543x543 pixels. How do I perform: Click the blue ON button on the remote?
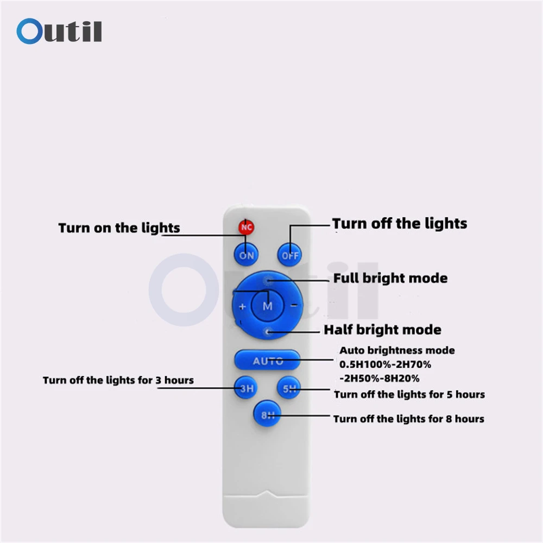pyautogui.click(x=246, y=254)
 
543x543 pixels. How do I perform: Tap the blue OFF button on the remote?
pyautogui.click(x=290, y=254)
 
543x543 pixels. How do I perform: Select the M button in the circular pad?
pyautogui.click(x=268, y=306)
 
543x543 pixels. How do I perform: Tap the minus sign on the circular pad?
pyautogui.click(x=294, y=305)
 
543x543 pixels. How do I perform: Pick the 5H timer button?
pyautogui.click(x=288, y=388)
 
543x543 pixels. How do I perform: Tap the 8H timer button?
pyautogui.click(x=267, y=416)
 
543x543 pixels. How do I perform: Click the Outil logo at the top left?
pyautogui.click(x=59, y=31)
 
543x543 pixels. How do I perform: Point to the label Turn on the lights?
pyautogui.click(x=119, y=228)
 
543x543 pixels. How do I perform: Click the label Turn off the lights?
pyautogui.click(x=400, y=223)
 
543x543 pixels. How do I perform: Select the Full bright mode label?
pyautogui.click(x=390, y=279)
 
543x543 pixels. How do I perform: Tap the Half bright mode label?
pyautogui.click(x=382, y=330)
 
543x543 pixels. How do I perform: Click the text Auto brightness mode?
pyautogui.click(x=397, y=351)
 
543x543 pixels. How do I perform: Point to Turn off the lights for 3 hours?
pyautogui.click(x=118, y=380)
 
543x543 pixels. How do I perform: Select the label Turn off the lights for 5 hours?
pyautogui.click(x=409, y=394)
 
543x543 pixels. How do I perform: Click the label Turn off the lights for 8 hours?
pyautogui.click(x=408, y=419)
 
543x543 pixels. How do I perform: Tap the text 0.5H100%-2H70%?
pyautogui.click(x=385, y=364)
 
